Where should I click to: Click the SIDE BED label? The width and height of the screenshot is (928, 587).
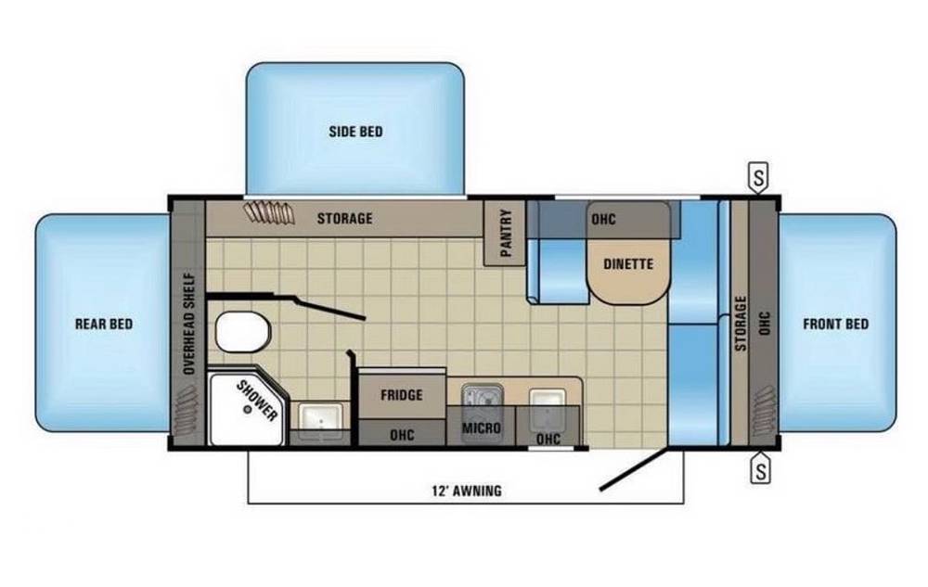tap(355, 132)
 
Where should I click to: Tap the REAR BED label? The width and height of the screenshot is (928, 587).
tap(104, 324)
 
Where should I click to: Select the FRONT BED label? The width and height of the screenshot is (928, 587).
tap(836, 324)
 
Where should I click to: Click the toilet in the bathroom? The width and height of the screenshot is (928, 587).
tap(242, 332)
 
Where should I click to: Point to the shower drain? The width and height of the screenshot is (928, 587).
tap(248, 408)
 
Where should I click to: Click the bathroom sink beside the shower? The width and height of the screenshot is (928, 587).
tap(319, 418)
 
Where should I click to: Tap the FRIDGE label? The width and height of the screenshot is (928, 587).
tap(401, 395)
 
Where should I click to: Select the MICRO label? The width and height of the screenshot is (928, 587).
tap(481, 427)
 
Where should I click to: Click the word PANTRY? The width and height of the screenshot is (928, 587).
tap(506, 233)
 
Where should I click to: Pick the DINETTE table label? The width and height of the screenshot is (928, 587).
tap(628, 264)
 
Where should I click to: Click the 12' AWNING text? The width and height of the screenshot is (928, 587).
tap(467, 491)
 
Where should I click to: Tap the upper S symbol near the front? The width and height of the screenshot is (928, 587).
tap(759, 177)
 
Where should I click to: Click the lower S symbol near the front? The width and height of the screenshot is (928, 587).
tap(761, 469)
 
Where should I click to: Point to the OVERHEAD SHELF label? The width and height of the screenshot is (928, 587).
tap(189, 323)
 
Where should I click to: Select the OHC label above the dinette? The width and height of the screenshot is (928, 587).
tap(604, 219)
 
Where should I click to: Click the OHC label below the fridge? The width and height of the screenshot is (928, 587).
tap(402, 435)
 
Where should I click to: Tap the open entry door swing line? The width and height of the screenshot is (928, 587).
tap(635, 469)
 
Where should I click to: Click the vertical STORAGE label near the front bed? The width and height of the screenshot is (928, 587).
tap(741, 324)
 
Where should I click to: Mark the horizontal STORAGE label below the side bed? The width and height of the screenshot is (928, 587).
tap(344, 219)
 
